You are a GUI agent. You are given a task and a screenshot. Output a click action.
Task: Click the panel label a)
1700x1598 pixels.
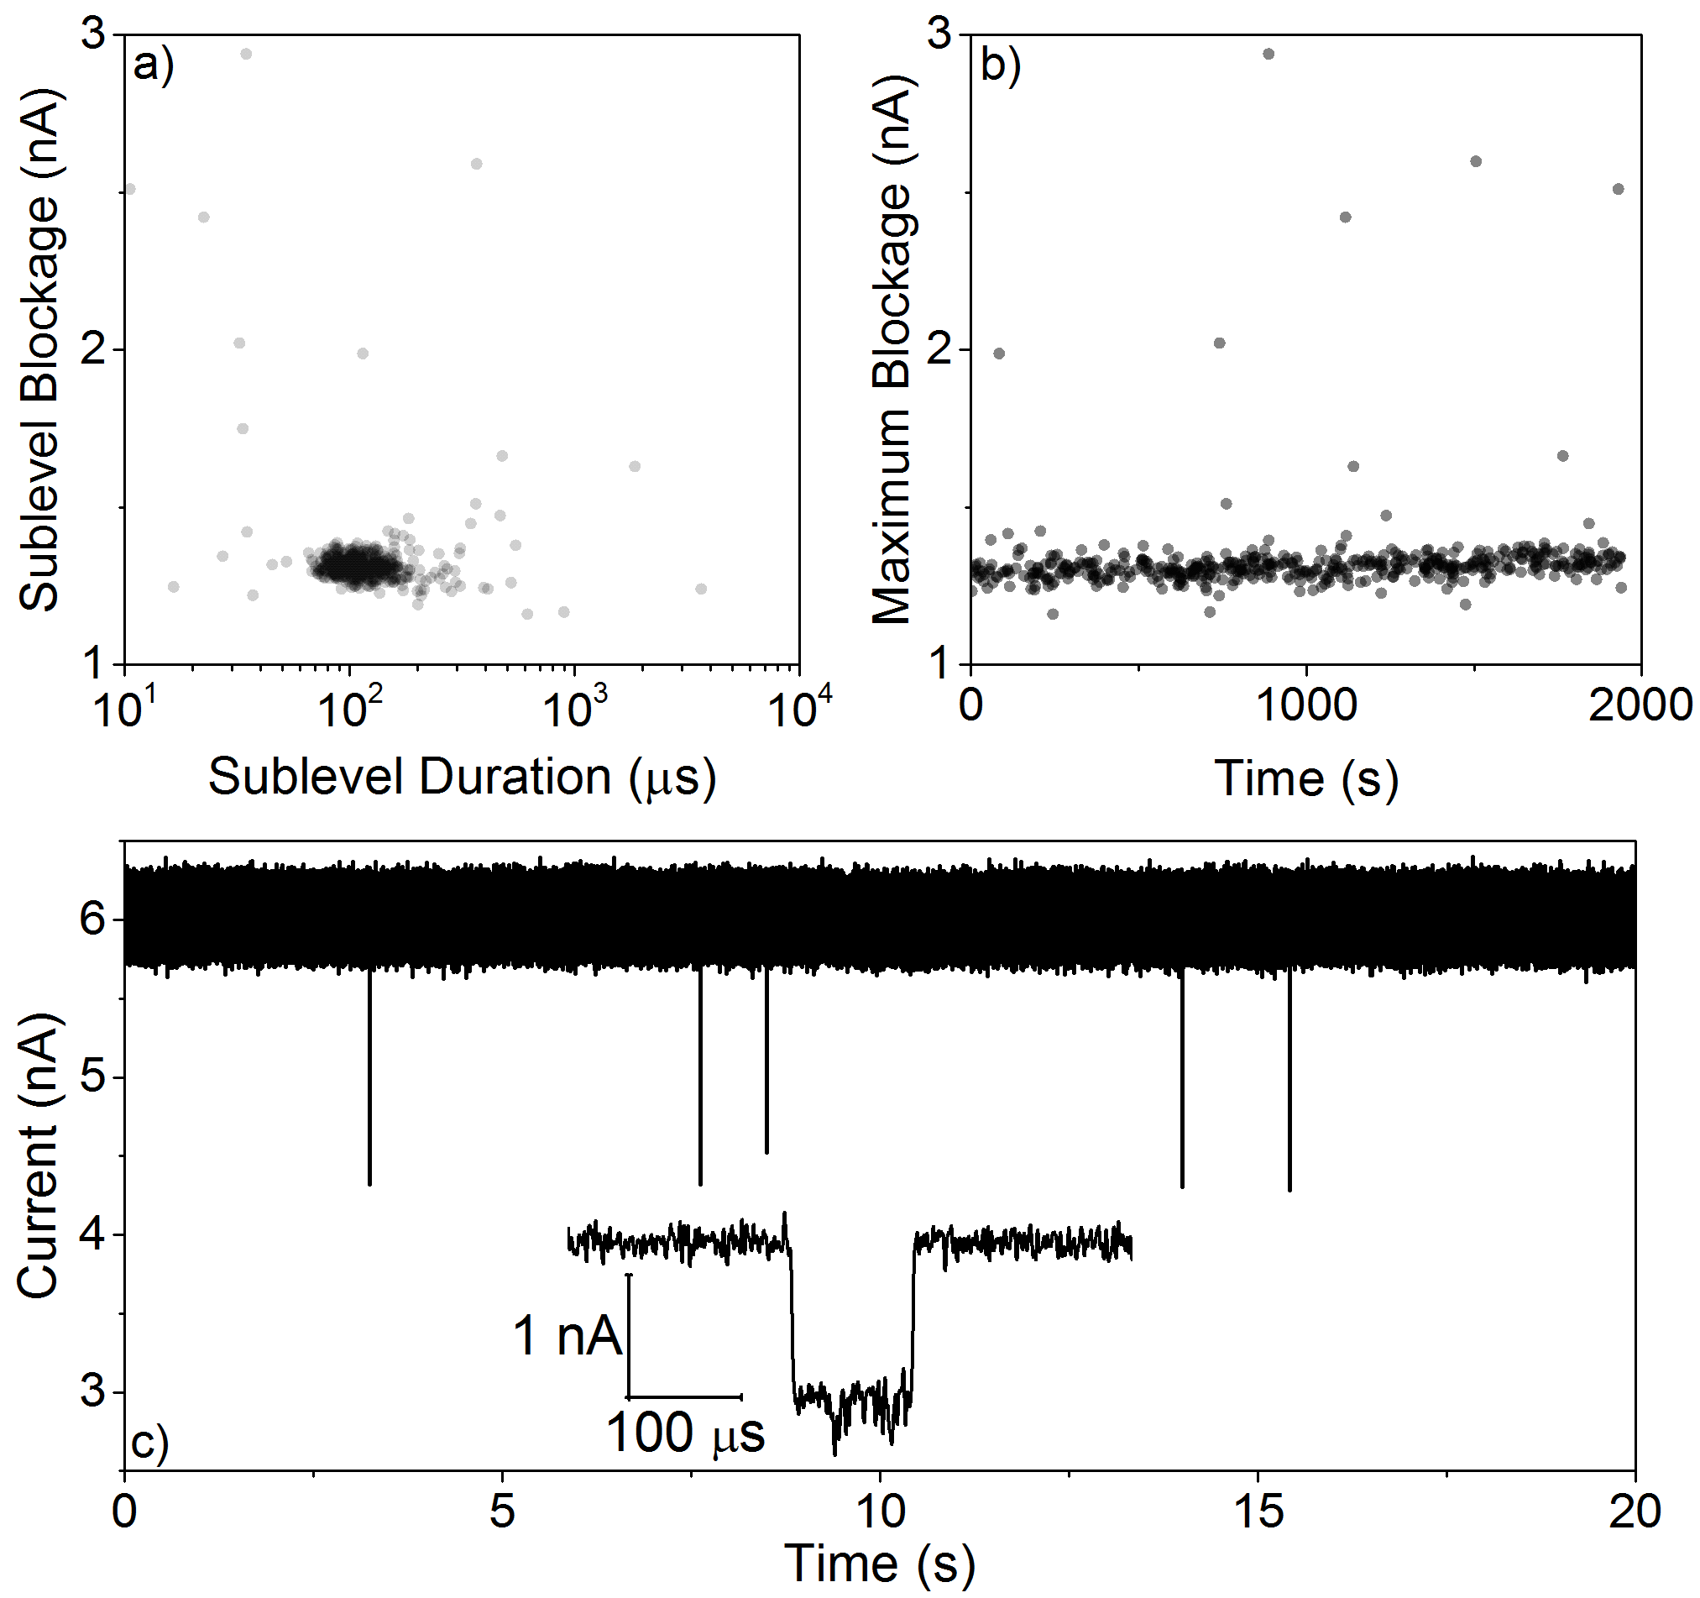click(x=154, y=64)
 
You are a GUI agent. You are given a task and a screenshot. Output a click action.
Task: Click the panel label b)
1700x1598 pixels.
click(x=1001, y=64)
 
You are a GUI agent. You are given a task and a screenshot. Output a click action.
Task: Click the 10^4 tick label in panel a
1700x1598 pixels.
click(x=799, y=706)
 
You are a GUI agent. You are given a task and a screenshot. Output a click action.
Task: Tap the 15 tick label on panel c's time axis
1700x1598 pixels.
click(x=1258, y=1510)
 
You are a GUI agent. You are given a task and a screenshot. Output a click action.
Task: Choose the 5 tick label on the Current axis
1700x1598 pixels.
click(x=92, y=1077)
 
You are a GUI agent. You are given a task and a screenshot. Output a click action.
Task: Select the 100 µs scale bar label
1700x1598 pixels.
click(x=685, y=1433)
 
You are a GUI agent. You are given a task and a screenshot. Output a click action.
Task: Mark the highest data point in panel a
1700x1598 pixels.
click(x=246, y=54)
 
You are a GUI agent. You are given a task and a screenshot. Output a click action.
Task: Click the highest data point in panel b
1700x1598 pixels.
click(x=1268, y=54)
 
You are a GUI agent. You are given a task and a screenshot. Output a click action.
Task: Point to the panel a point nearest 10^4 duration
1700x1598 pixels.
click(x=701, y=589)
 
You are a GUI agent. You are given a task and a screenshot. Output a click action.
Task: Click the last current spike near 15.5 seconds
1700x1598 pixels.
click(x=1289, y=1080)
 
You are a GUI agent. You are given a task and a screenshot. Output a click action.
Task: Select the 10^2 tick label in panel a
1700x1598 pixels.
click(x=349, y=707)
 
